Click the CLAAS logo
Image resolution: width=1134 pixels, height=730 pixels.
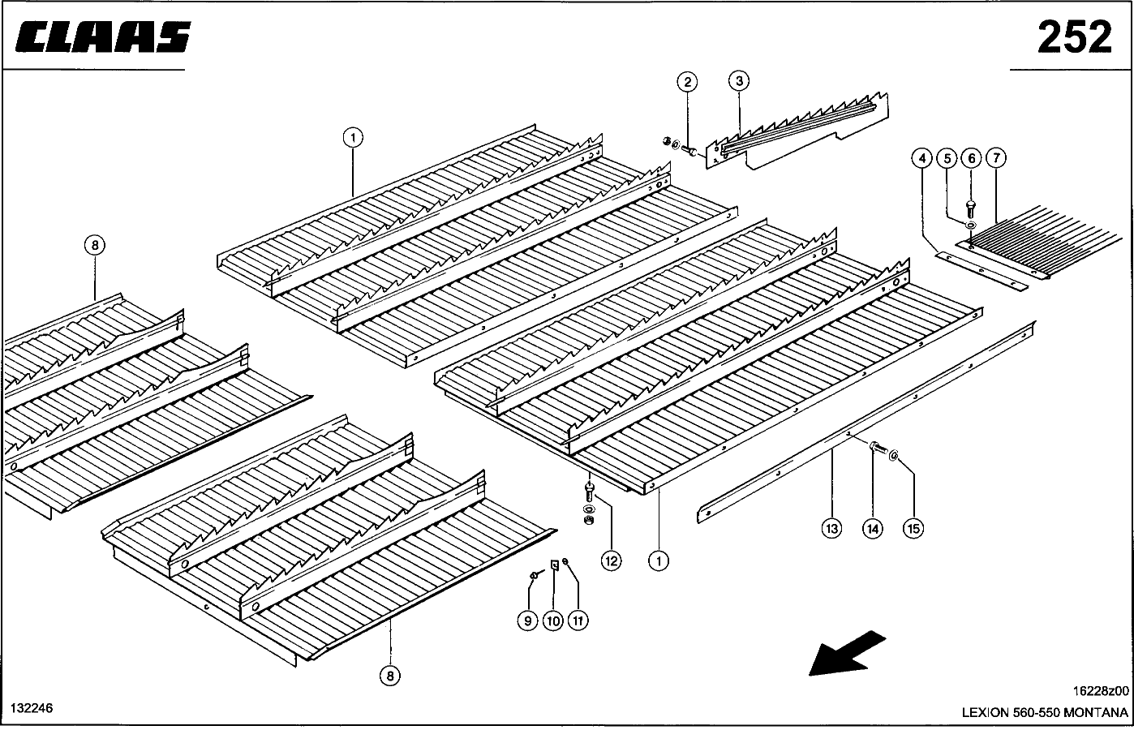tap(103, 37)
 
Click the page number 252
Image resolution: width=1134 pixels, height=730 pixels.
tap(1074, 36)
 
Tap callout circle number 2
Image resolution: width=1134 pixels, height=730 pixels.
tap(687, 81)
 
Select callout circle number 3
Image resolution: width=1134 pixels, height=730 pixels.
tap(738, 81)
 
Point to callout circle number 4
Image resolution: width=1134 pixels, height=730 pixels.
tap(921, 158)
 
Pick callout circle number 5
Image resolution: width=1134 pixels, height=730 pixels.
tap(946, 158)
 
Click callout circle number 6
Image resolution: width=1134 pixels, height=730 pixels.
tap(971, 158)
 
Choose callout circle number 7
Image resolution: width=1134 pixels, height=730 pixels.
tap(996, 158)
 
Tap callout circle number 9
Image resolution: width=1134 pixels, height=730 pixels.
tap(527, 621)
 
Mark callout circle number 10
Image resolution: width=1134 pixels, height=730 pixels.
tap(552, 621)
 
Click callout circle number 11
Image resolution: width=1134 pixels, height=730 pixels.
tap(578, 621)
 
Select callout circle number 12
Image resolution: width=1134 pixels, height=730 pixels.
tap(611, 559)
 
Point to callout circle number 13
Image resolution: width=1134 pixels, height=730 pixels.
tap(831, 529)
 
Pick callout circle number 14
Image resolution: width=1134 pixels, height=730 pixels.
tap(872, 529)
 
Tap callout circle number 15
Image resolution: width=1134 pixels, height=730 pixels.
tap(913, 529)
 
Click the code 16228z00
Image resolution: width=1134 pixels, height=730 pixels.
tap(1100, 691)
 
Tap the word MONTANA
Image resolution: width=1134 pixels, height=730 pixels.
tap(1097, 713)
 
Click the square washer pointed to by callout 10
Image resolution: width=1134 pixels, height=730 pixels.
tap(554, 565)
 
